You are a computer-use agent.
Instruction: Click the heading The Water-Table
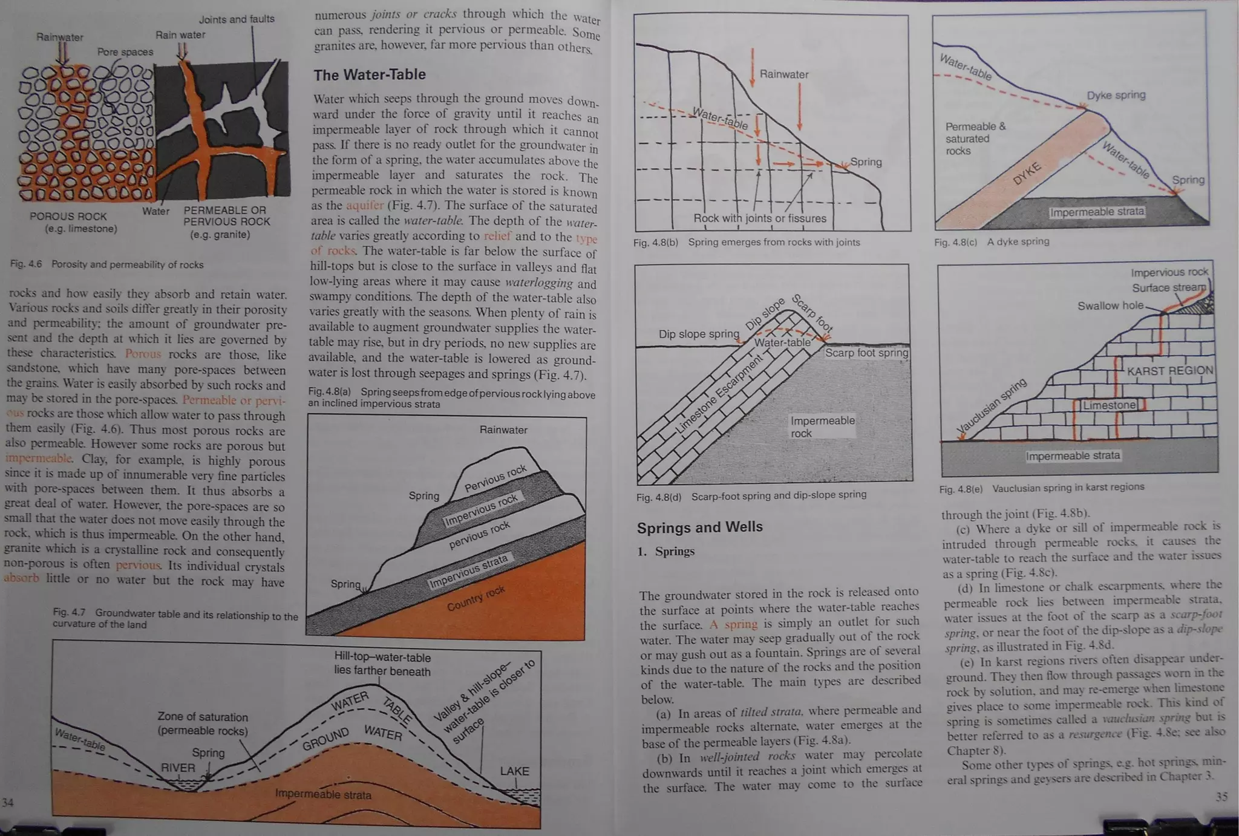(369, 74)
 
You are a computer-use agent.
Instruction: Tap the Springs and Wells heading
(699, 527)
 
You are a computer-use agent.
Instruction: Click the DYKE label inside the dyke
(1027, 174)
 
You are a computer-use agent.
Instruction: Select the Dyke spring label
(1116, 95)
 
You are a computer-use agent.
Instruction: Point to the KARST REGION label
(1169, 371)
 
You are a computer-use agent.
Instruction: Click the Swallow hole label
(1110, 305)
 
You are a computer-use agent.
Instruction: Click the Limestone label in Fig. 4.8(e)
(1109, 405)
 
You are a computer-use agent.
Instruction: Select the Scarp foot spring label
(866, 353)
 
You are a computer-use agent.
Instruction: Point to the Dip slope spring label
(699, 334)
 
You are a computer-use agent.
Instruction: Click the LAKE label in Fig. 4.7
(514, 771)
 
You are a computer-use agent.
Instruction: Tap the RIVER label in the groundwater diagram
(178, 768)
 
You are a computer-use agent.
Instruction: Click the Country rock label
(476, 598)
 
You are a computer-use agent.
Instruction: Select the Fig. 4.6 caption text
(106, 264)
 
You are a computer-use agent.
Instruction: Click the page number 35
(1221, 797)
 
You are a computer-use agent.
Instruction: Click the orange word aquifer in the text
(365, 205)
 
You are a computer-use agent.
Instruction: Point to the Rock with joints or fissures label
(759, 218)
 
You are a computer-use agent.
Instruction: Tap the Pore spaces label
(125, 52)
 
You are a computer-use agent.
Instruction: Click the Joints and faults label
(237, 19)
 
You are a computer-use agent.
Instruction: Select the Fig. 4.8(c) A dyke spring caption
(992, 241)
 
